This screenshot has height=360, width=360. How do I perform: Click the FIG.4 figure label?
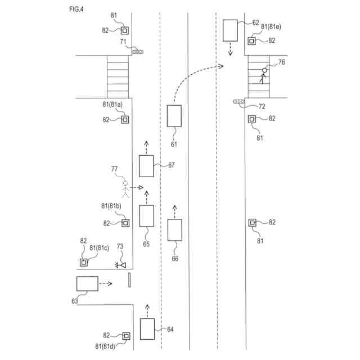(62, 10)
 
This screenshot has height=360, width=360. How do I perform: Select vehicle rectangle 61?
(174, 116)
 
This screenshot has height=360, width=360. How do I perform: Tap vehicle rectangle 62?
(230, 30)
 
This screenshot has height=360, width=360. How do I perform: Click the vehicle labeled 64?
(147, 329)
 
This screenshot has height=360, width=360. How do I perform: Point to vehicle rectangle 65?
(147, 216)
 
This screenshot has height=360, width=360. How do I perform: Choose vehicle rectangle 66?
(175, 231)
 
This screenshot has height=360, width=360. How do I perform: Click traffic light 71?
(138, 52)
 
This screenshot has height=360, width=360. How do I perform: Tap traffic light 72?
(239, 102)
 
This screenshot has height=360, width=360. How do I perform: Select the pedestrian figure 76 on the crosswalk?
(263, 75)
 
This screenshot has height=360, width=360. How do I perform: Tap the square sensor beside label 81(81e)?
(252, 40)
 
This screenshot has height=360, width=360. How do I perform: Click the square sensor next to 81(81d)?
(126, 336)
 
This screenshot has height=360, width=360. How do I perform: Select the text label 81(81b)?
(112, 207)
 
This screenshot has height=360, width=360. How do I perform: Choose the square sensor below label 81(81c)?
(84, 262)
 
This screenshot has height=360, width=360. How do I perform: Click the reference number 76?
(281, 62)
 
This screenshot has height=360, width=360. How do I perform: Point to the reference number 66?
(175, 258)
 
